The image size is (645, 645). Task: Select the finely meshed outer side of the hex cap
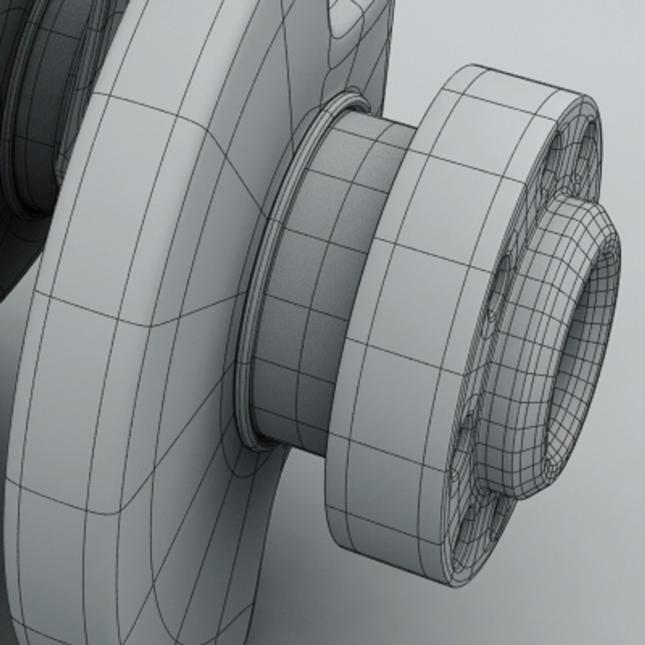pos(514,358)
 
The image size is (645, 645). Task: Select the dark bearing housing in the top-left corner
pos(36,90)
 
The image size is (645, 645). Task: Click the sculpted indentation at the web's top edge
pos(346,18)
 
